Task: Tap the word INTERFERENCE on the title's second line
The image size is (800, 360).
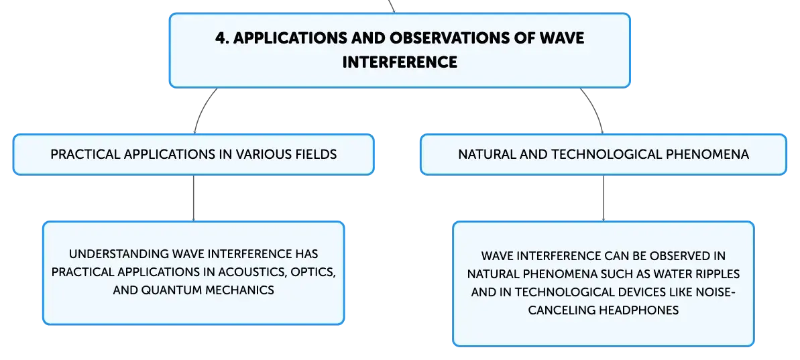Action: [x=400, y=62]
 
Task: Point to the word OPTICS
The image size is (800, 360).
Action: [x=312, y=272]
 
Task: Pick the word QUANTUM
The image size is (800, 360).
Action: [x=172, y=290]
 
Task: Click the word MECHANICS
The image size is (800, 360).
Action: [x=240, y=290]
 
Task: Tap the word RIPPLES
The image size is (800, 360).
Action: [x=716, y=274]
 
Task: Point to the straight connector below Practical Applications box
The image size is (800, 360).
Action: [x=193, y=198]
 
